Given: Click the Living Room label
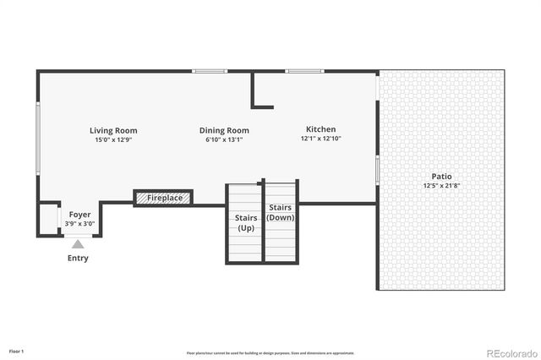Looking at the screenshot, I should [113, 131].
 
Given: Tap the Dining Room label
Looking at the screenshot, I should [224, 131].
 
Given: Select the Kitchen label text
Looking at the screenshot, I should [320, 130].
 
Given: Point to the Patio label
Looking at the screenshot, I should [440, 177].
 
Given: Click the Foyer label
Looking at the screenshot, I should [80, 215].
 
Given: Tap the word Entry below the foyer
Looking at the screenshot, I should [78, 258].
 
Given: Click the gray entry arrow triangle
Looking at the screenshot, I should [78, 243].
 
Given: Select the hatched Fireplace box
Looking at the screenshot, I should [163, 198].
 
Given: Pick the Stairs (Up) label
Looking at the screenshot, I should [245, 223].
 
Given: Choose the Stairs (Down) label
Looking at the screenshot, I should [281, 212].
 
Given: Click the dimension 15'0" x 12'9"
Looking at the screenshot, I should [113, 139].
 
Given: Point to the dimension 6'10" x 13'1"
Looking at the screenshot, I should [224, 139].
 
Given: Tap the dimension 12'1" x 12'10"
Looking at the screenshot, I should [320, 139].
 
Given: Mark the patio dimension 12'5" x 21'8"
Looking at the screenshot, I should [440, 185].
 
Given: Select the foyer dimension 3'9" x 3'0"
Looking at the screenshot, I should [80, 224].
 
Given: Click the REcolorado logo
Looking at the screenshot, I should [508, 352].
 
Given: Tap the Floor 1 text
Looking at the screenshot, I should [17, 350].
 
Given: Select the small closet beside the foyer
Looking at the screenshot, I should [48, 219].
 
